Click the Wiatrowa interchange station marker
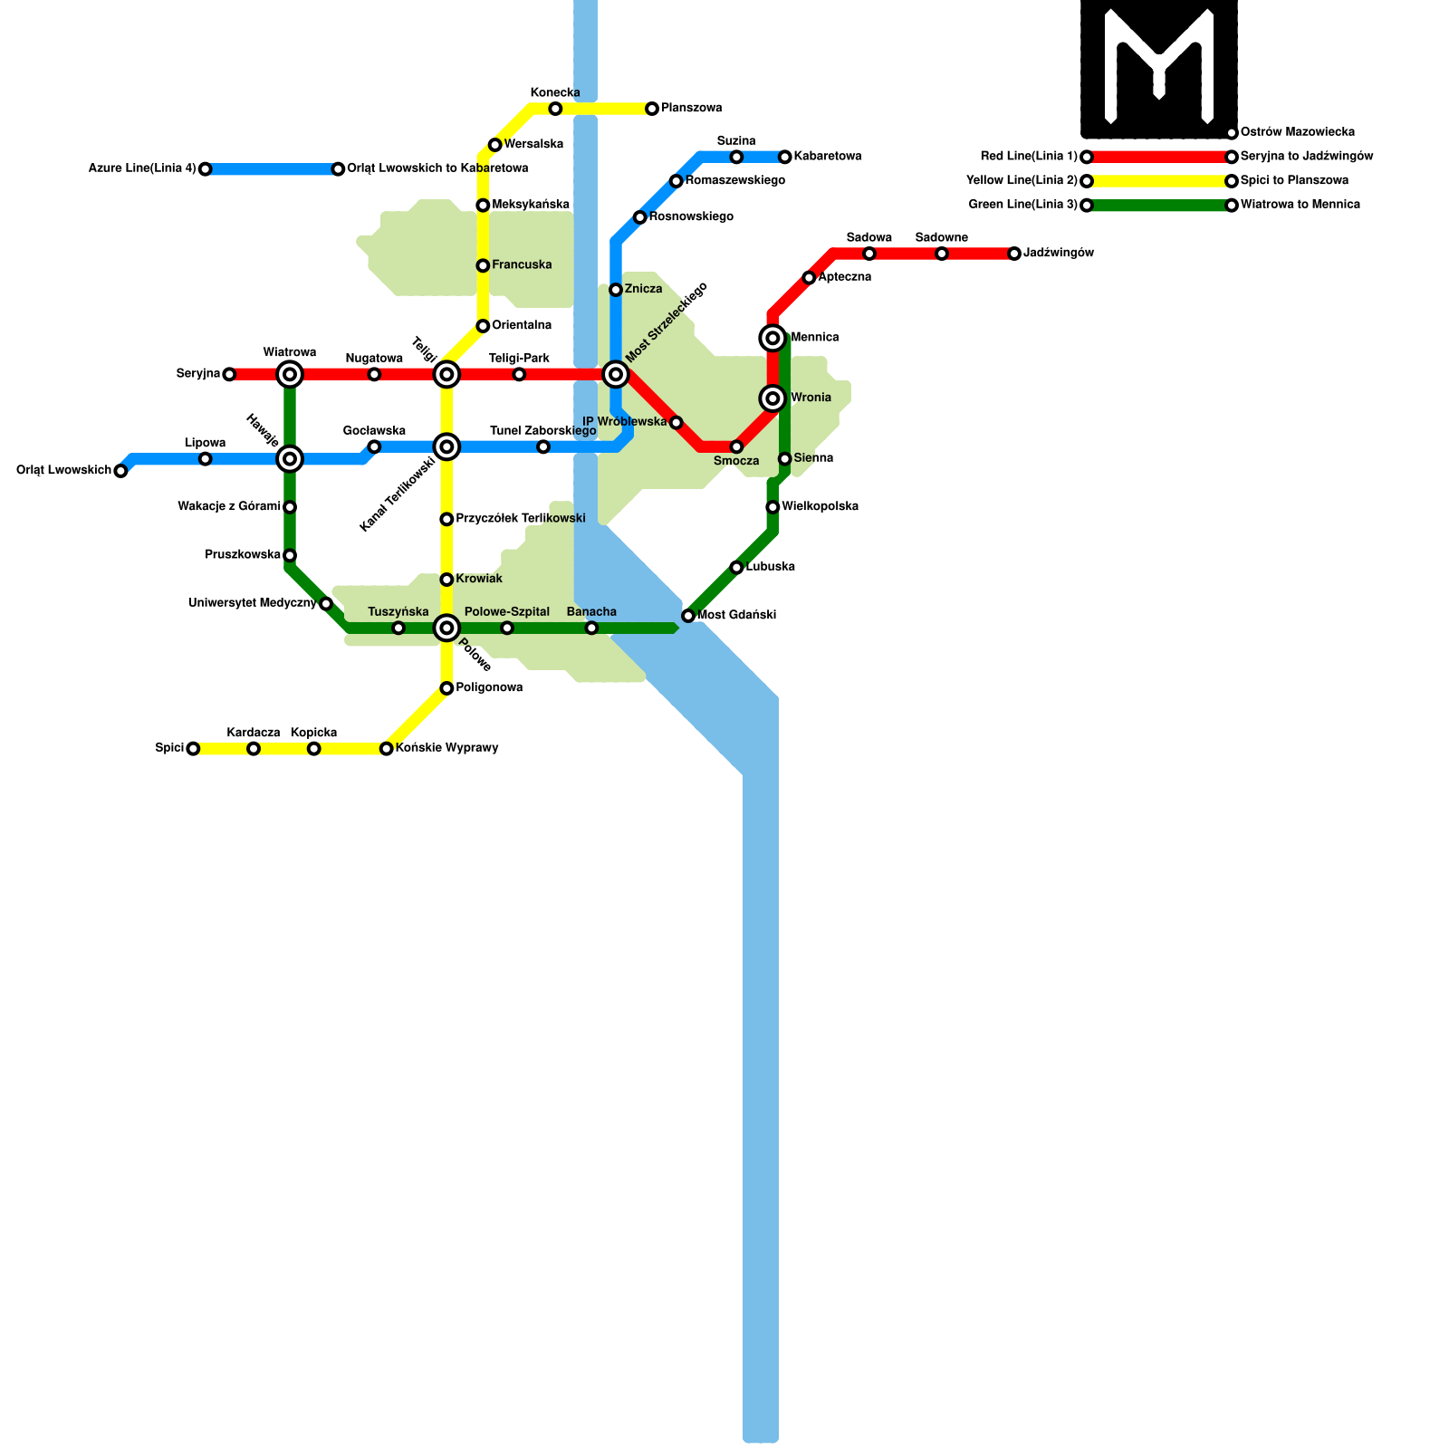tap(290, 374)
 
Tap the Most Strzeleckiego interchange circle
tap(616, 374)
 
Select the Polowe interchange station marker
tap(446, 628)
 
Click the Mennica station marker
tap(772, 338)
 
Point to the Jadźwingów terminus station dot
tap(1014, 254)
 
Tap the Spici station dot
tap(193, 749)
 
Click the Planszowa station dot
tap(652, 109)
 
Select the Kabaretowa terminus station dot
tap(785, 157)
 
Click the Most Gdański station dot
tap(688, 616)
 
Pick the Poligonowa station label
tap(489, 688)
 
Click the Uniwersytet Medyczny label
tap(253, 603)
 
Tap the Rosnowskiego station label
tap(691, 217)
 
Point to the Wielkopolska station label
tap(820, 507)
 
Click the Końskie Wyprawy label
tap(446, 749)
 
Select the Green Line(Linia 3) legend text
tap(1023, 205)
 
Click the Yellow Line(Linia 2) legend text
tap(1022, 181)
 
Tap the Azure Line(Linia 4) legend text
tap(142, 168)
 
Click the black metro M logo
tap(1159, 69)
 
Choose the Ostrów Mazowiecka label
tap(1297, 133)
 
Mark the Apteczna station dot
tap(809, 277)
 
